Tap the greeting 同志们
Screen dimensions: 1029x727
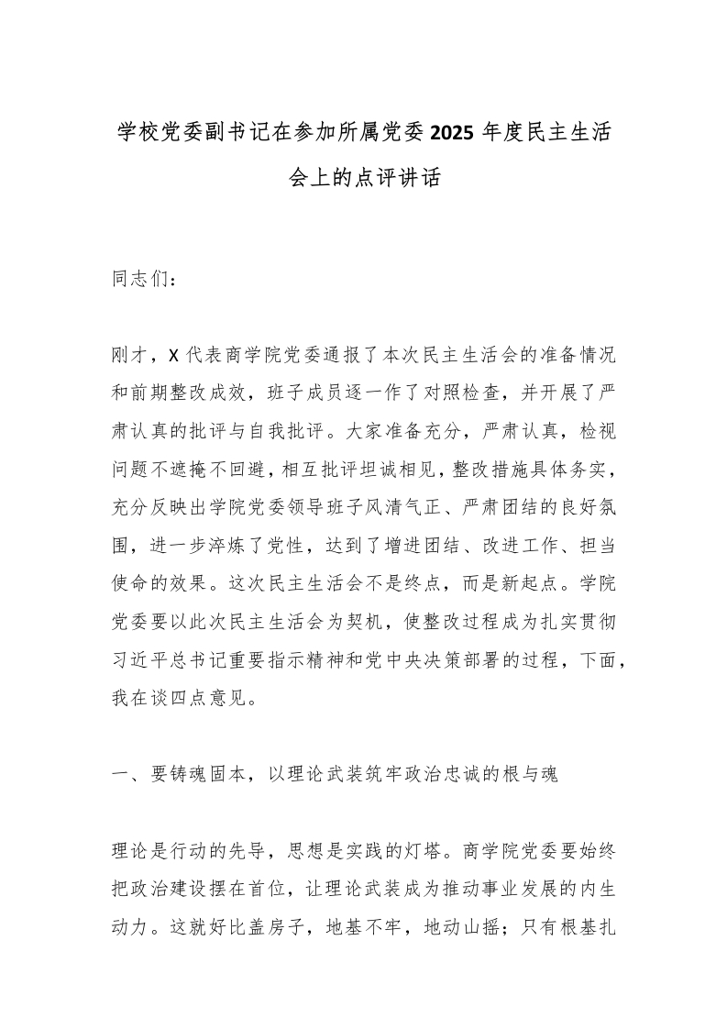point(143,280)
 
